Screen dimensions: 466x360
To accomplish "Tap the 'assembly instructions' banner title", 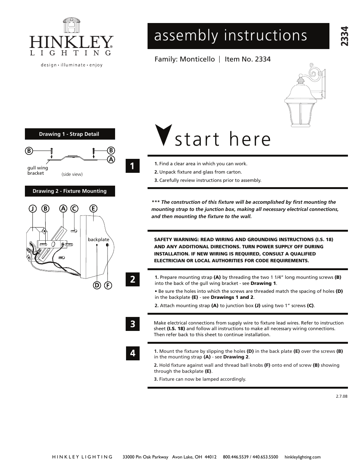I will [x=231, y=35].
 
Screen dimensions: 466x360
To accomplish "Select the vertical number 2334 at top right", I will [x=344, y=37].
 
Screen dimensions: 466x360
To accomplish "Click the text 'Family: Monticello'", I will [x=185, y=59].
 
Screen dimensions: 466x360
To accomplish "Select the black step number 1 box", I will [x=132, y=166].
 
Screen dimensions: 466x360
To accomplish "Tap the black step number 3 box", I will [x=132, y=324].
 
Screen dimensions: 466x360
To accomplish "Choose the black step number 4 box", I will [x=132, y=353].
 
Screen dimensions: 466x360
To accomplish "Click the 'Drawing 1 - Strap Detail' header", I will [x=70, y=134].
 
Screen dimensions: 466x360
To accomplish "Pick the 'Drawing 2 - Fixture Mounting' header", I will [x=70, y=191].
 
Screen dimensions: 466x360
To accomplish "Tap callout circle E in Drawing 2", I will [x=92, y=208].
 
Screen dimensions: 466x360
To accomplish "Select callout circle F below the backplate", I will [x=108, y=285].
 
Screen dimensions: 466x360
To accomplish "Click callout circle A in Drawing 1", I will [x=111, y=159].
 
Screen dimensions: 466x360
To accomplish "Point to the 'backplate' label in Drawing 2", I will [x=98, y=240].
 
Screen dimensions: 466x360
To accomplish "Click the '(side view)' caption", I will [x=72, y=174].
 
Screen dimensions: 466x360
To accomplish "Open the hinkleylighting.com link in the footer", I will [x=302, y=457].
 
